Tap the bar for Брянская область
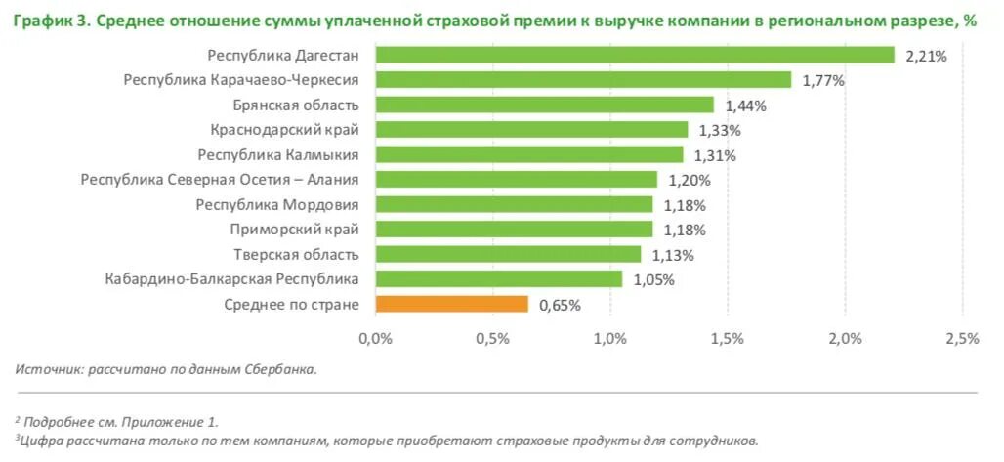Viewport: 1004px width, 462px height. [x=545, y=105]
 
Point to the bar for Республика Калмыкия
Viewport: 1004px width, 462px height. [x=529, y=154]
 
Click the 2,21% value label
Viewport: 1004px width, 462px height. [x=927, y=57]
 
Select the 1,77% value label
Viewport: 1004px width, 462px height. [x=823, y=81]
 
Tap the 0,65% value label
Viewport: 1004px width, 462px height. [x=560, y=305]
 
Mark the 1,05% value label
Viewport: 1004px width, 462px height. [x=653, y=280]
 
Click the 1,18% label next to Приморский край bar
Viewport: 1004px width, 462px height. [x=684, y=231]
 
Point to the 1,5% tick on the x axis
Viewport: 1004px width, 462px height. [x=728, y=339]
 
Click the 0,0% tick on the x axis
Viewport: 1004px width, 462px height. [x=376, y=339]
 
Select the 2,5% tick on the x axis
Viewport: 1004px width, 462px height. [x=962, y=339]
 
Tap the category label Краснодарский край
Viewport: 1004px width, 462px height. [x=284, y=129]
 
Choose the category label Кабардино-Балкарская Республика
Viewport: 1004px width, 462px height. [x=231, y=279]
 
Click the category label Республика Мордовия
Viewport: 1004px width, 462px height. [x=277, y=204]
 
